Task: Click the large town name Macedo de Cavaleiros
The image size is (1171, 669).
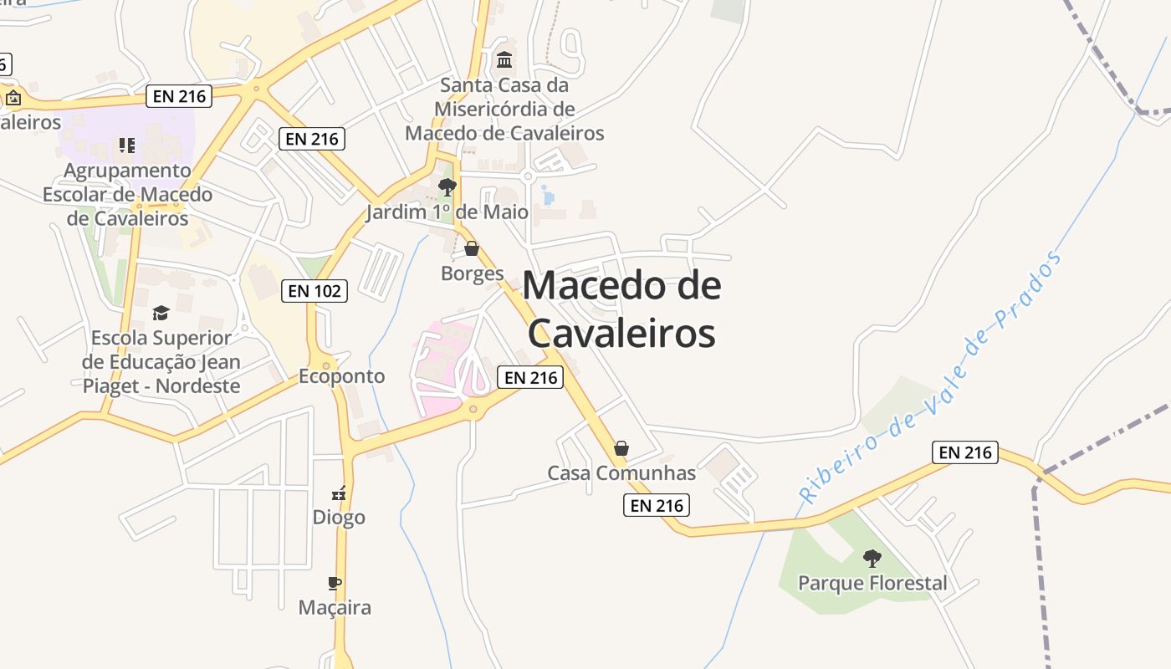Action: [621, 309]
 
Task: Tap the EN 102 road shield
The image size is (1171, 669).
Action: [314, 291]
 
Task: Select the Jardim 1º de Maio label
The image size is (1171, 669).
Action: [447, 212]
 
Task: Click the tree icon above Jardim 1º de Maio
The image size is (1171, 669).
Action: [447, 186]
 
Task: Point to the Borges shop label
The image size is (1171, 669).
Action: [473, 273]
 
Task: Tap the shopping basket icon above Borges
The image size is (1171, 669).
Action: [472, 248]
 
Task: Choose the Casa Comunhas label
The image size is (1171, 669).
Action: [621, 473]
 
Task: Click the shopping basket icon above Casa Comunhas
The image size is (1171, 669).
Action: [621, 448]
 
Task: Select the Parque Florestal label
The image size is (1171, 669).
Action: [872, 583]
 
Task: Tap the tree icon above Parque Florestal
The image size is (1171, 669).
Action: [872, 558]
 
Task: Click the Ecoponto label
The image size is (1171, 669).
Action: [341, 376]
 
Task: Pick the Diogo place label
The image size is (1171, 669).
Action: [339, 517]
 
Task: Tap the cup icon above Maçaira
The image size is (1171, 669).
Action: [335, 583]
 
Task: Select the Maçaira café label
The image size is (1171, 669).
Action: [335, 608]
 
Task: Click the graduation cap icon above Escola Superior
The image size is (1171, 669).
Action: [161, 313]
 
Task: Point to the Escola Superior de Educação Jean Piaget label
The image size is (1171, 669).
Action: [161, 362]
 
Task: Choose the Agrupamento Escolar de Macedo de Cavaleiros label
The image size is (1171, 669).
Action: [127, 194]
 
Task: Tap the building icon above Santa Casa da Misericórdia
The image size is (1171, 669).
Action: [504, 60]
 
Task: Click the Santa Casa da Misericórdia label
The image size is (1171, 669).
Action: [504, 109]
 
